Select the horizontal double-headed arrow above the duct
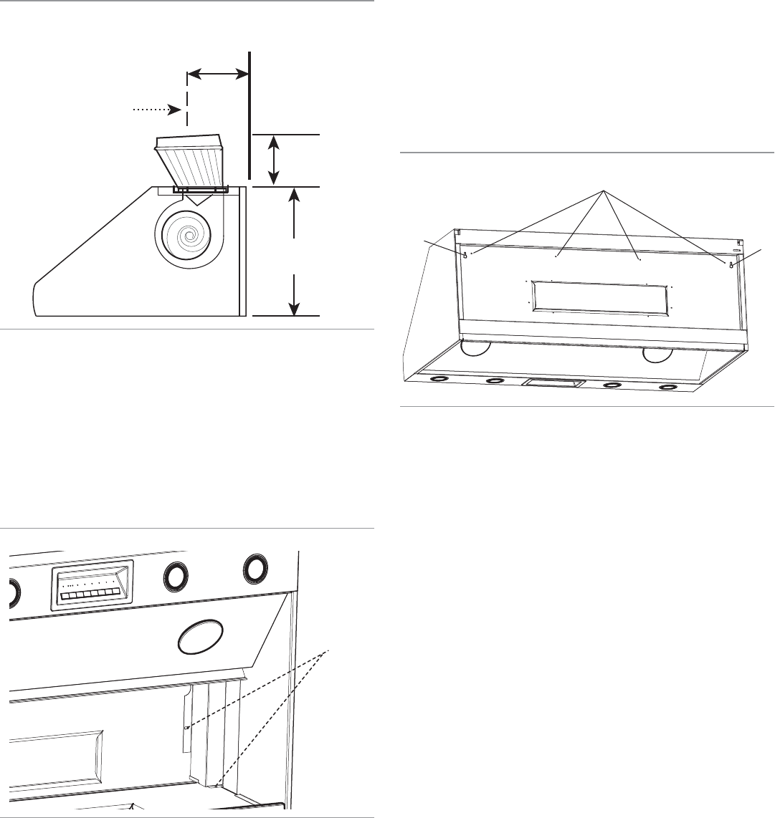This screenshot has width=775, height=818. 217,72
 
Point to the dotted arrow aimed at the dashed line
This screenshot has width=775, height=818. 153,110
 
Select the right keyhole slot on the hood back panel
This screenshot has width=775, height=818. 730,264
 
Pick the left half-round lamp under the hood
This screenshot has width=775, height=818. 475,350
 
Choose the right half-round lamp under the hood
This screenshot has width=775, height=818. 658,355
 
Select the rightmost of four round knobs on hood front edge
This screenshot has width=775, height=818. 668,388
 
